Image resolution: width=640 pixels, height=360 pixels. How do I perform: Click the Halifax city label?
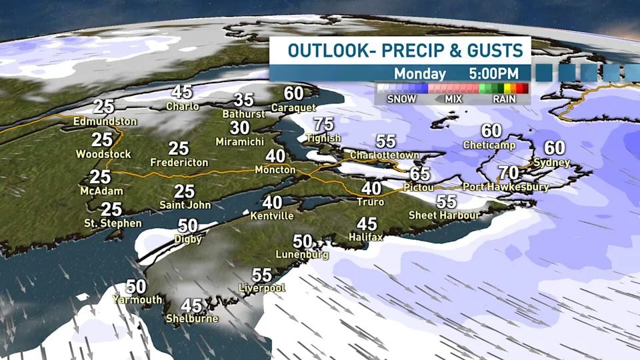(365, 237)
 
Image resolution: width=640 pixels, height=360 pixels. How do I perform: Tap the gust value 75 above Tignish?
(323, 124)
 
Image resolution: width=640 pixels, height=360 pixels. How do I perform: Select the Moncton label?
(275, 170)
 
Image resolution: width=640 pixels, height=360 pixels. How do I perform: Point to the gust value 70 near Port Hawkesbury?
(509, 173)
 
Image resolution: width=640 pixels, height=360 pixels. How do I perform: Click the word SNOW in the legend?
(401, 99)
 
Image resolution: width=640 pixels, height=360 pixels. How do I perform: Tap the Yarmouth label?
(137, 300)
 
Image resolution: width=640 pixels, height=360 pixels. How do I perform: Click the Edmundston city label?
(106, 121)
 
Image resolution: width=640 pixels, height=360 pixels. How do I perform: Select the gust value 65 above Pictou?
(420, 174)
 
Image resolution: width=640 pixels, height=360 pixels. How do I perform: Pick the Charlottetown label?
(385, 155)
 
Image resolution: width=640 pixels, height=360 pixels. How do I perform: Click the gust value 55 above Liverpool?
(262, 275)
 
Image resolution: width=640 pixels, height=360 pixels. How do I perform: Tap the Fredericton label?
(179, 162)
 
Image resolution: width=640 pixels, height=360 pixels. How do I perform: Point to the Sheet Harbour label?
(443, 215)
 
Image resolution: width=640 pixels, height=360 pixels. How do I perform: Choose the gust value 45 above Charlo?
(182, 93)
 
